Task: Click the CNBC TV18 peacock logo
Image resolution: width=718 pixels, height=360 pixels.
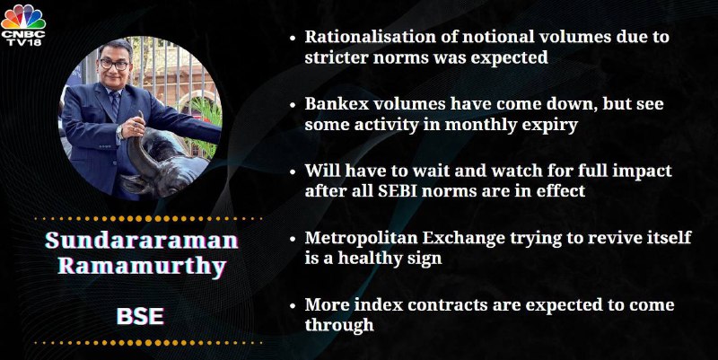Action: [23, 24]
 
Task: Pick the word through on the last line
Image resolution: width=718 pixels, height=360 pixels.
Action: [339, 325]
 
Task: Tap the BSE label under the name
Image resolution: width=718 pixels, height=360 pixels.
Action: [140, 317]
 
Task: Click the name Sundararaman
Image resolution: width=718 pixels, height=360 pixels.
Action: [142, 241]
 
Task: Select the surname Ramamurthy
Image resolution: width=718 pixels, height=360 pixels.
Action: [142, 266]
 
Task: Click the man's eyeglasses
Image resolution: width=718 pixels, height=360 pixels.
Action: [115, 64]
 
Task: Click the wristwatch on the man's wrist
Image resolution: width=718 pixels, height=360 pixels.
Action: [120, 132]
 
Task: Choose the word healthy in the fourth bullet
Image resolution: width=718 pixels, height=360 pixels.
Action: [374, 258]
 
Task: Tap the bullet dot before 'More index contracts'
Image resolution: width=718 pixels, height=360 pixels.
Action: [293, 306]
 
